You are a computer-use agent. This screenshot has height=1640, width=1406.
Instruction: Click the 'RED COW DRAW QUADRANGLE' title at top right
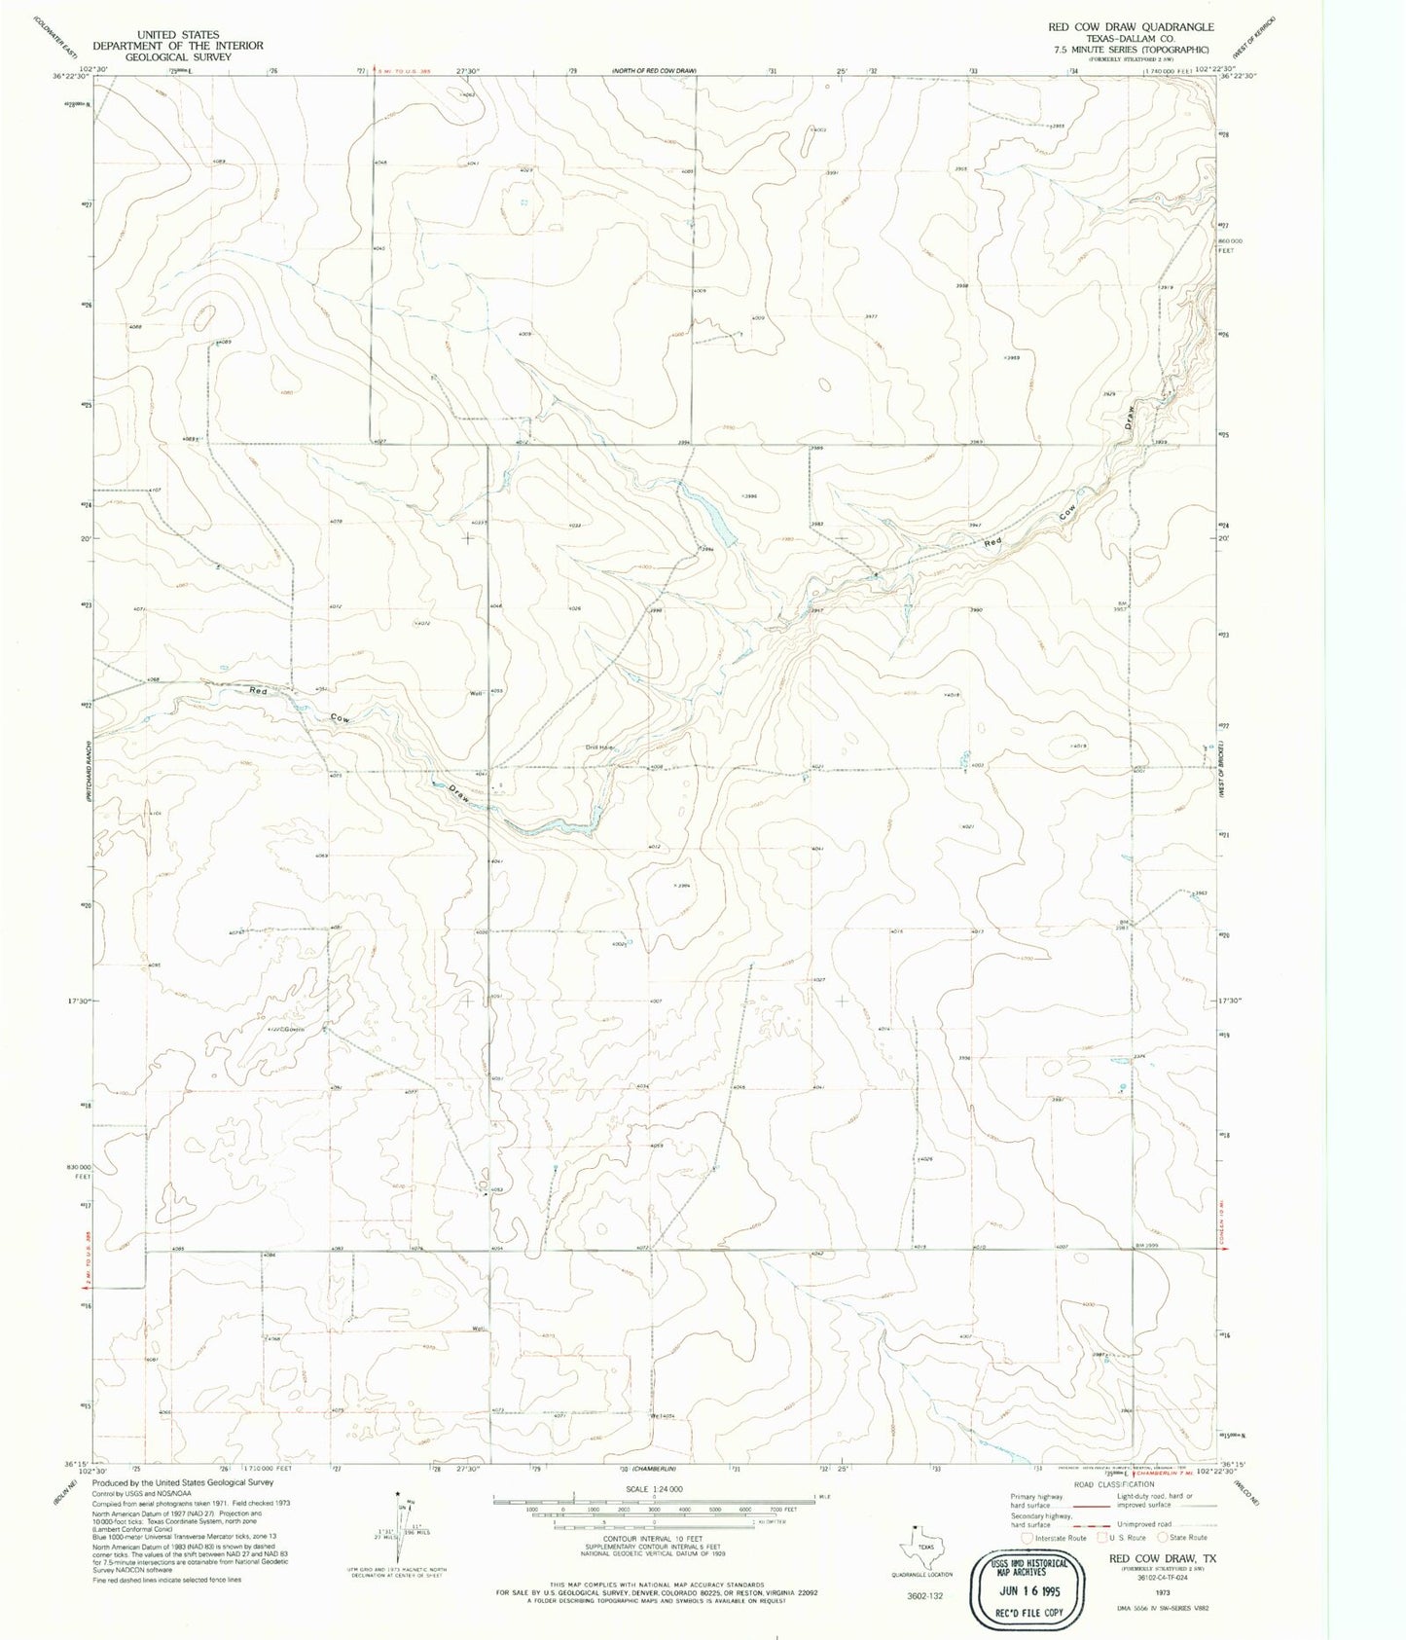click(x=1130, y=27)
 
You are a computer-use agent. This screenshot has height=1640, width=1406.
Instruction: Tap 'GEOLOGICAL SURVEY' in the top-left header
click(x=178, y=56)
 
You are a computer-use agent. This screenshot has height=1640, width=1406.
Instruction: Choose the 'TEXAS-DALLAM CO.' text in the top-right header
click(x=1130, y=39)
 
